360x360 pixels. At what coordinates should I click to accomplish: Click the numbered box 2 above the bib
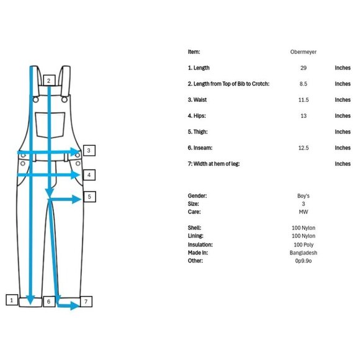49,80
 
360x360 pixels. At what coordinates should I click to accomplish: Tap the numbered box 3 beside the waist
89,150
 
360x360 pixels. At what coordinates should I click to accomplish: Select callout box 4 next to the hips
89,175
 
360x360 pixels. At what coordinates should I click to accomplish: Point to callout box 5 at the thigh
89,197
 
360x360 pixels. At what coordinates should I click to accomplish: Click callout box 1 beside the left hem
12,300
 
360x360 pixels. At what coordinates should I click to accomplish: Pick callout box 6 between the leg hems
49,301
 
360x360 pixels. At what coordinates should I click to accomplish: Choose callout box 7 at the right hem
86,301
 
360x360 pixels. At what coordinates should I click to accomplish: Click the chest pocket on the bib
50,125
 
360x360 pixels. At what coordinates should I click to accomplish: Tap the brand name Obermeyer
304,52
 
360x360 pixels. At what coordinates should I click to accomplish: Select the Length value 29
304,68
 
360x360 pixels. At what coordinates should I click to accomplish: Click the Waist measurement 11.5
304,100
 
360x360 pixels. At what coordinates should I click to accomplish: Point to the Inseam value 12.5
304,148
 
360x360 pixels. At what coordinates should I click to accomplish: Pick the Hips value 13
304,116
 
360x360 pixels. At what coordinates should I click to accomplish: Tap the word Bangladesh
304,253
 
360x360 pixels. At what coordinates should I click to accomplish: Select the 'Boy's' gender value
304,196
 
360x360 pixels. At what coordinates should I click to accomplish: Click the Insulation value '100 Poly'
304,245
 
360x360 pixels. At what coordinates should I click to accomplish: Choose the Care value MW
304,212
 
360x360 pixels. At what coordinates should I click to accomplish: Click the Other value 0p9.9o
304,261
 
